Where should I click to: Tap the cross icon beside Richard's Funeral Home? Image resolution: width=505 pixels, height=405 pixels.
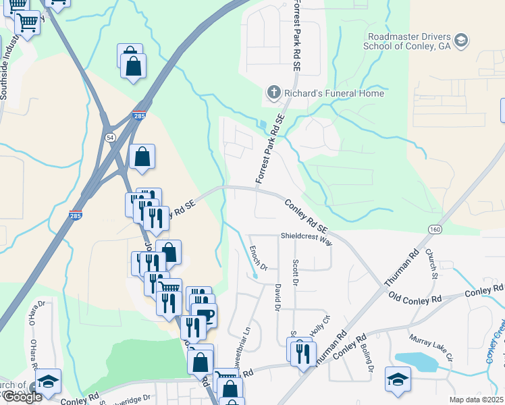(x=273, y=93)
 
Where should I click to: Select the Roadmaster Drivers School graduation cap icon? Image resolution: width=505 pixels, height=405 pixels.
(x=461, y=40)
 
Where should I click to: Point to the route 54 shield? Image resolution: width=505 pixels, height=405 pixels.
(x=110, y=136)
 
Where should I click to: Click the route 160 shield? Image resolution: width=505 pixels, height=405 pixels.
(x=435, y=230)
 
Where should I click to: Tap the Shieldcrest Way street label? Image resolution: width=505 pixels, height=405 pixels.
(x=307, y=238)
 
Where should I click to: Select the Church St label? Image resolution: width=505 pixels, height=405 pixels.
(x=433, y=265)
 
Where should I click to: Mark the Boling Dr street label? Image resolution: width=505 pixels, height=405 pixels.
(x=369, y=360)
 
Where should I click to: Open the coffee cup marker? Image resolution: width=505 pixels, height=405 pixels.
(x=204, y=314)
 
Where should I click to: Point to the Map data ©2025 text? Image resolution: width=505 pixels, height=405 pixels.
(x=476, y=400)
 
